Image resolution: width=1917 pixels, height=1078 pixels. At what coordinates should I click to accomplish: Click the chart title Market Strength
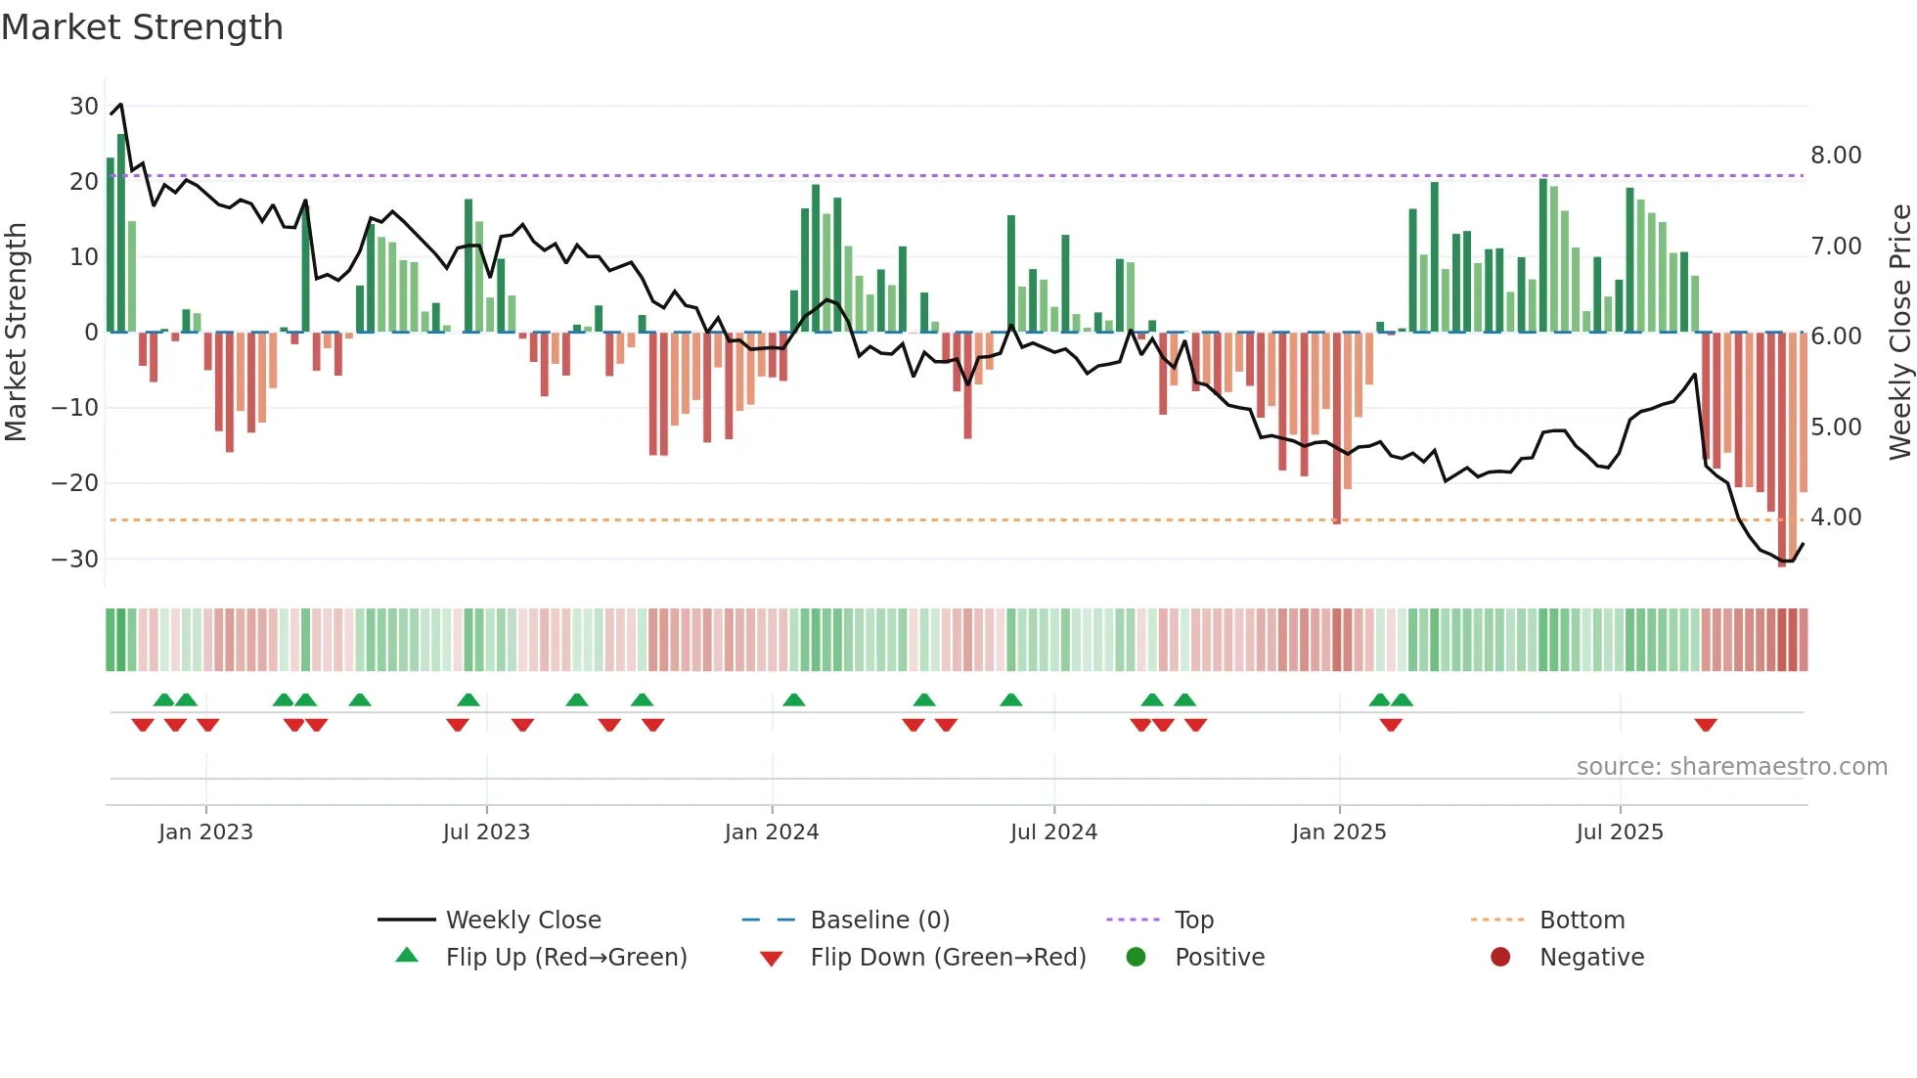click(x=142, y=27)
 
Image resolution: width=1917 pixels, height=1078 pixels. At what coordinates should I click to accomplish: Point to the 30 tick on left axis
click(x=83, y=106)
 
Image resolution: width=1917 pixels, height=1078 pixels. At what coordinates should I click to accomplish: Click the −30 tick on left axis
click(x=75, y=559)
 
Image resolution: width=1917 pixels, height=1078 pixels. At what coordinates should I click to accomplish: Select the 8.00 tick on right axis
click(x=1836, y=156)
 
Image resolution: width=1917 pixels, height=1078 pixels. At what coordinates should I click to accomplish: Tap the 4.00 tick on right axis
click(x=1836, y=517)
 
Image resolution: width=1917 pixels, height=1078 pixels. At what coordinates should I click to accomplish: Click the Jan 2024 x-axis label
click(x=772, y=832)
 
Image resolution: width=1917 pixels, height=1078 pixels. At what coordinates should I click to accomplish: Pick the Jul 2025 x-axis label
click(x=1620, y=832)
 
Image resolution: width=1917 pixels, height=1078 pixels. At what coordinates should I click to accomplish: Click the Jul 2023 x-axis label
click(x=486, y=832)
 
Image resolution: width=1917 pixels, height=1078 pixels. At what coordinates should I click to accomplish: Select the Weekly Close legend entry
click(x=523, y=921)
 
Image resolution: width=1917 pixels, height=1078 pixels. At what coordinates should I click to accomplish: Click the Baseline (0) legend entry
click(x=879, y=921)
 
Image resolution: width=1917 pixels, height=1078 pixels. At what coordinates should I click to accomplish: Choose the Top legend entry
click(x=1193, y=921)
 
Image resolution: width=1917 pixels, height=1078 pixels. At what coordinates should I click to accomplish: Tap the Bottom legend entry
click(x=1582, y=921)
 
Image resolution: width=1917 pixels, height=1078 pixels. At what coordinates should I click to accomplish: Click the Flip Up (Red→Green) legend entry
click(x=566, y=958)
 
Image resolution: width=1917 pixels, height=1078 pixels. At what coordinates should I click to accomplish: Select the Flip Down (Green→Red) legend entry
click(x=948, y=958)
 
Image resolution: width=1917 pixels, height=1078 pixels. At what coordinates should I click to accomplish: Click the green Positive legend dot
click(x=1136, y=957)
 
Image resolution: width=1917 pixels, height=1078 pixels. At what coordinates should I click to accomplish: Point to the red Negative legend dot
click(x=1500, y=957)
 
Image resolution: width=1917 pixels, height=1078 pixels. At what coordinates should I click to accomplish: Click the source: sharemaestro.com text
click(x=1731, y=767)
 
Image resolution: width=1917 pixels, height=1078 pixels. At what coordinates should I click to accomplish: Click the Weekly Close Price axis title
click(x=1899, y=333)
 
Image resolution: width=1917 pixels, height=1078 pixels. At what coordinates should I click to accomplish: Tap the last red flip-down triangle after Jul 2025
click(x=1706, y=725)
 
